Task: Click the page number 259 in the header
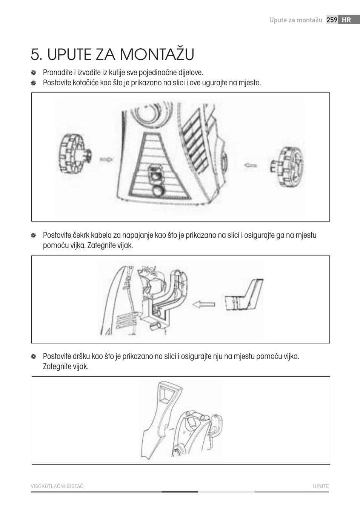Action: [332, 20]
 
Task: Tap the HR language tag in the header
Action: [346, 20]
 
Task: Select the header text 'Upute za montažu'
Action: [295, 20]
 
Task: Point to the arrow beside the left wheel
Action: [106, 160]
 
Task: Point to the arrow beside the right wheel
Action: [250, 165]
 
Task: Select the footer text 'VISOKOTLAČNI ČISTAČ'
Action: [57, 486]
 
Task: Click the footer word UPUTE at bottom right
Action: [321, 486]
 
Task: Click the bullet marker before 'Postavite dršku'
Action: [33, 357]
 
